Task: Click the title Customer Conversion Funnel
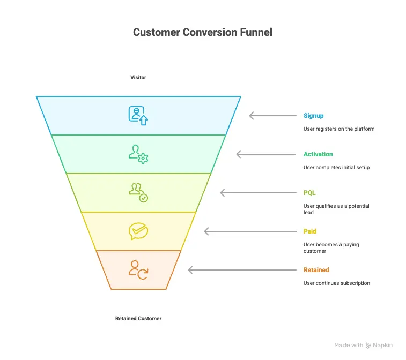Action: click(x=203, y=33)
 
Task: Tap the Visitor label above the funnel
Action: click(x=138, y=78)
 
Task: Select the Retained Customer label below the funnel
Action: click(x=138, y=319)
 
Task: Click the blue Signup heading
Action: click(x=313, y=116)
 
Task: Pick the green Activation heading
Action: click(x=318, y=154)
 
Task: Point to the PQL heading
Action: click(x=309, y=193)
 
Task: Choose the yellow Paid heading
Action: click(x=310, y=231)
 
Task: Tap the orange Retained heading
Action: click(x=316, y=270)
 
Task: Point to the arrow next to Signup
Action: click(x=272, y=116)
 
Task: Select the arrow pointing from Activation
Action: click(x=266, y=154)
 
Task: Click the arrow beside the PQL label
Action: click(x=258, y=193)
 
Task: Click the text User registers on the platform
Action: click(x=339, y=129)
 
